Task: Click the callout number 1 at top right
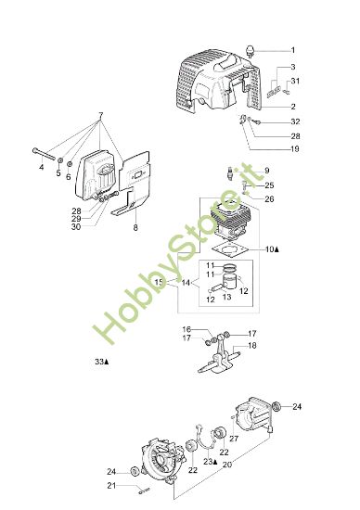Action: tap(293, 50)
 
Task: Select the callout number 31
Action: tap(295, 83)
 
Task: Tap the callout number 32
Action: tap(294, 122)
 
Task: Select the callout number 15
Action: tap(159, 282)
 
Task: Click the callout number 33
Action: tap(98, 361)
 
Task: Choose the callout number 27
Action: tap(234, 439)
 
